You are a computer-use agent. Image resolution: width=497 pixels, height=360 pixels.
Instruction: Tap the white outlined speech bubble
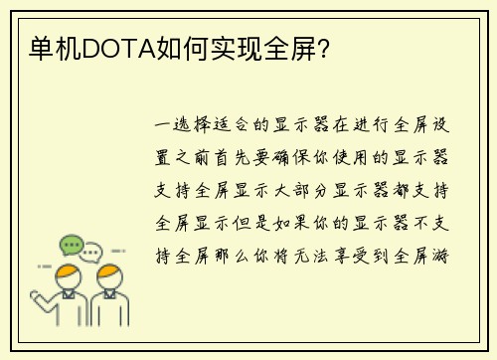pos(92,253)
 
